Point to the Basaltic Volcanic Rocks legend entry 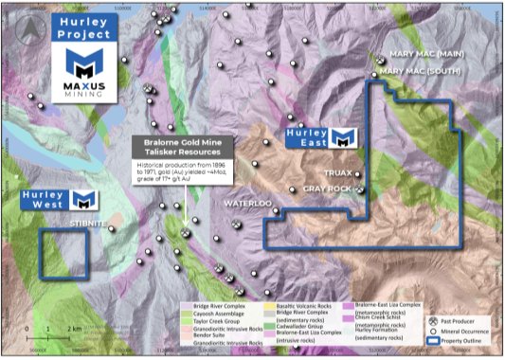(304, 305)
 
